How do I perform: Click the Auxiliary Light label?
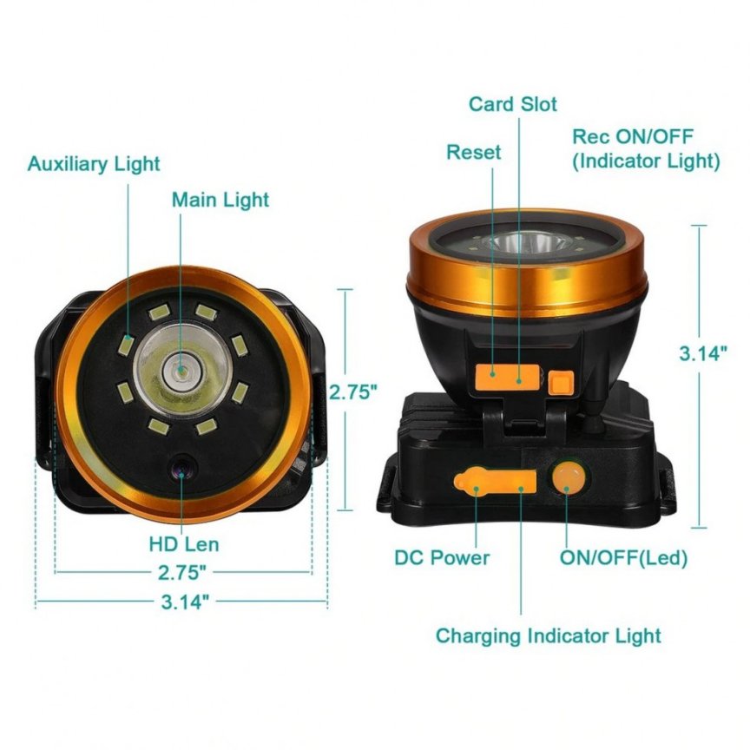coord(94,164)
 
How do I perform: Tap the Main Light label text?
coord(220,200)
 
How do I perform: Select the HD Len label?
coord(184,544)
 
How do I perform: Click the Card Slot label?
coord(513,104)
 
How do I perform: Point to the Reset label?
coord(474,153)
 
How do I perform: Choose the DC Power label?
coord(442,557)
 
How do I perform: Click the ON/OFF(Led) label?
coord(624,557)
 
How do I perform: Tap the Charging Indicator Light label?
coord(548,636)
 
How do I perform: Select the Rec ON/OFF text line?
coord(633,137)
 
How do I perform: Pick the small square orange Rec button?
coord(561,383)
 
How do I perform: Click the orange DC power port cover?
coord(495,480)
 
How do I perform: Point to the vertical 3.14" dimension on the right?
coord(703,354)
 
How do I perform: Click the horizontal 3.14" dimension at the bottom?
coord(185,602)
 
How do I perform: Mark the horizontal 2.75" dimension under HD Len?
coord(182,573)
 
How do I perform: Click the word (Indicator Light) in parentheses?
coord(646,161)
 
